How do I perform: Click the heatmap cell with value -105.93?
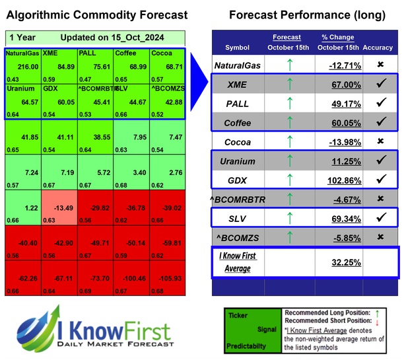[168, 277]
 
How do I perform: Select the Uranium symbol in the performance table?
[237, 161]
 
